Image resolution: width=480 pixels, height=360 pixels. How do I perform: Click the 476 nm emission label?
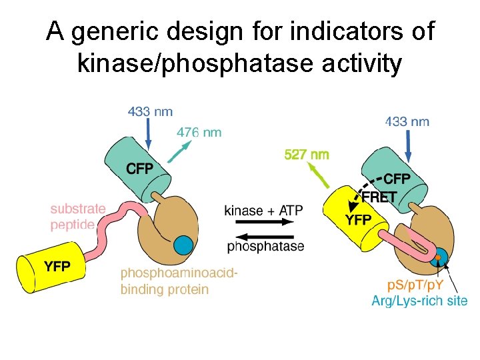click(x=199, y=133)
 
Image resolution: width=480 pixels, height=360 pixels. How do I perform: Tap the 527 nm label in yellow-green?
click(x=307, y=155)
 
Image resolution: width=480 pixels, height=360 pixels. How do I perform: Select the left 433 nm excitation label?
click(x=150, y=111)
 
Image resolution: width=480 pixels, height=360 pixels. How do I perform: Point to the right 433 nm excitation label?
click(x=407, y=121)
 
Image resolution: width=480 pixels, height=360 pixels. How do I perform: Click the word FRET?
click(x=379, y=197)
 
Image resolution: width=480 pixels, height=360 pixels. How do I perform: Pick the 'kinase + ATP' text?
click(x=263, y=211)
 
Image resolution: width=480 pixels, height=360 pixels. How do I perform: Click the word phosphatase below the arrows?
click(x=265, y=247)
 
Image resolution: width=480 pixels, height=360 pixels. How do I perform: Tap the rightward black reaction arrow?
click(x=265, y=223)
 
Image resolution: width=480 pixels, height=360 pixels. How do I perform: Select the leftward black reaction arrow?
click(x=265, y=235)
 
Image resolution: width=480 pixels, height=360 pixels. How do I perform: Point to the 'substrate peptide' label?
click(x=78, y=217)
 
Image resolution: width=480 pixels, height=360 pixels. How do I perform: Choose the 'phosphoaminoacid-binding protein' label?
click(x=179, y=281)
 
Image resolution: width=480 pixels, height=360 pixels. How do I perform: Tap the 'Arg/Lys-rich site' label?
click(x=419, y=301)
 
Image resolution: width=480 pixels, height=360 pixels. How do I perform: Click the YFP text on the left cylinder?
click(x=57, y=267)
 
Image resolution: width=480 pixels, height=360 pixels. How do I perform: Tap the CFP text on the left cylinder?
click(x=139, y=169)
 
